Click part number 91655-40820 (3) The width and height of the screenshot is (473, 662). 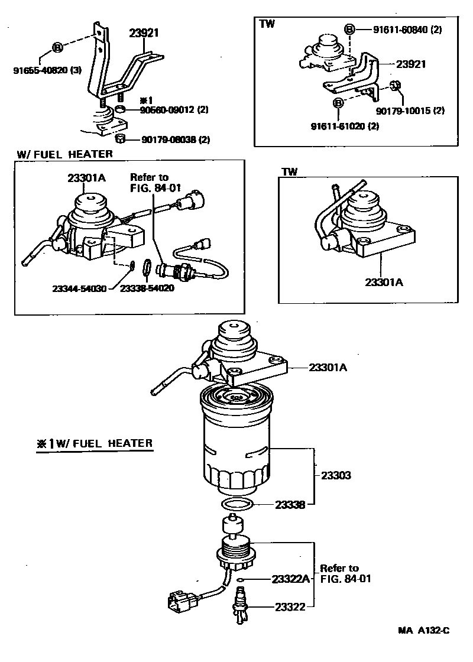47,71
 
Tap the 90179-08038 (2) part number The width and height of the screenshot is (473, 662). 176,140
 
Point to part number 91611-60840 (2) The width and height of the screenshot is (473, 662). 407,30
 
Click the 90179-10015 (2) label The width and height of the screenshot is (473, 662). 410,111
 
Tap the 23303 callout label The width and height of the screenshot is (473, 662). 336,475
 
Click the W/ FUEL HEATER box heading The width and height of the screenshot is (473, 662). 65,154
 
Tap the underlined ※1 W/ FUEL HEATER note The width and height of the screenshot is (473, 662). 95,443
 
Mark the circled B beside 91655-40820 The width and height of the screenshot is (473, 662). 57,47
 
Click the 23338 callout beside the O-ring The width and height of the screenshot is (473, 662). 290,505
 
